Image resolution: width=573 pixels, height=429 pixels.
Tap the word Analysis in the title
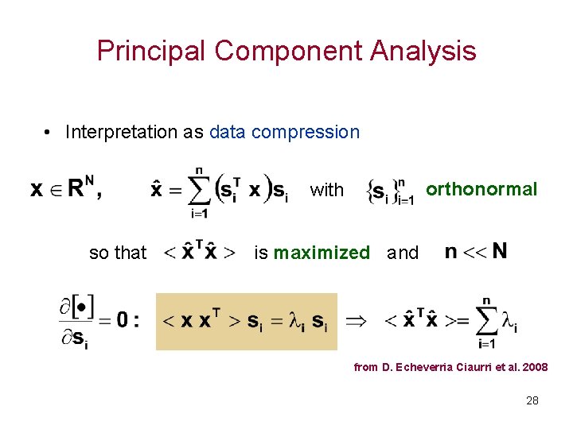coord(426,51)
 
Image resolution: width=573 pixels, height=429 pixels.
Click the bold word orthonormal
coord(481,189)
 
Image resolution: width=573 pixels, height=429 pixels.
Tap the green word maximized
coord(322,253)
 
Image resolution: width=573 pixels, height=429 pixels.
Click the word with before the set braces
coord(326,190)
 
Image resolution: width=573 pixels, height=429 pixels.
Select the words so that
coord(118,253)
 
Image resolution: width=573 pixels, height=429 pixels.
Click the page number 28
coord(532,400)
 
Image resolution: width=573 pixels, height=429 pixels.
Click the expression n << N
coord(475,252)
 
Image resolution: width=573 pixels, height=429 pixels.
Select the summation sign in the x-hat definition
coord(199,191)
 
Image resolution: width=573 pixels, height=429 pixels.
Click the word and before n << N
coord(402,253)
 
